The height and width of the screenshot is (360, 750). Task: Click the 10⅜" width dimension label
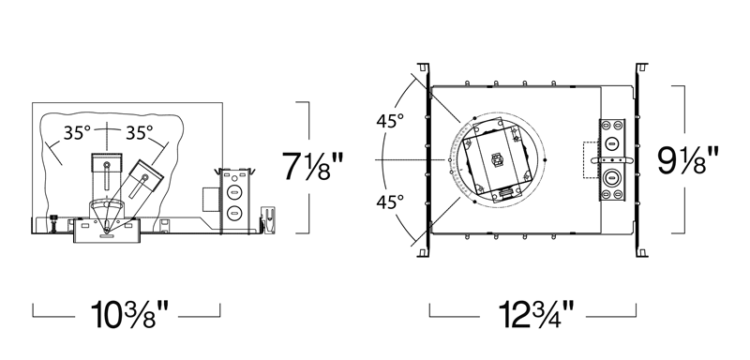[129, 315]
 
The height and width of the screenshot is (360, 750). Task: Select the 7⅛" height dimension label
[313, 166]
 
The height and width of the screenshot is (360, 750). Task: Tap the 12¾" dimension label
[535, 315]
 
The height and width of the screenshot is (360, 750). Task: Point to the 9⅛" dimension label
[688, 160]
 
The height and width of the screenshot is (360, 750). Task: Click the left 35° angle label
[77, 133]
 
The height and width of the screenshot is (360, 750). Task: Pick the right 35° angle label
[139, 133]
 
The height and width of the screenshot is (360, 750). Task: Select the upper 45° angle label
[390, 122]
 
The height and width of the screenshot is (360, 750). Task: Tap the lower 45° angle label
[390, 202]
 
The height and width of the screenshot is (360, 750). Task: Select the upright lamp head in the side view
[106, 176]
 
